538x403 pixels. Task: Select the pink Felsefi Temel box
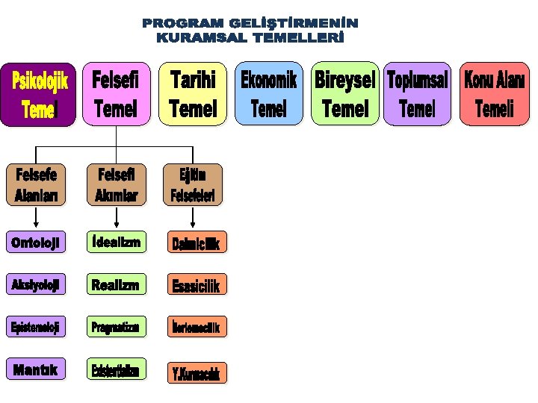[x=116, y=94]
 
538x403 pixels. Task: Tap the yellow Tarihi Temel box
[x=193, y=94]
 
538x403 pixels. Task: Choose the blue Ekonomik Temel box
[x=268, y=94]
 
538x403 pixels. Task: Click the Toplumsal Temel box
[x=418, y=94]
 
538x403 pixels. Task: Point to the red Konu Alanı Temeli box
[x=495, y=94]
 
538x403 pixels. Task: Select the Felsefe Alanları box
[x=36, y=185]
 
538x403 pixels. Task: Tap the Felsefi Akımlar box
[x=116, y=185]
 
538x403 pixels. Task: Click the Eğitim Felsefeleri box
[x=193, y=185]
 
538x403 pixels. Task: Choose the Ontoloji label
[x=35, y=242]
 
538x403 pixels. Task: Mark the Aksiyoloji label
[x=35, y=284]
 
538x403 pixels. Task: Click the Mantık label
[x=35, y=369]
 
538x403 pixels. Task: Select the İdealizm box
[x=116, y=242]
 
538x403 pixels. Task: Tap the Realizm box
[x=116, y=284]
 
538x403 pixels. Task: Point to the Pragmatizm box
[x=116, y=327]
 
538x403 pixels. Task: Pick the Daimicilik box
[x=197, y=243]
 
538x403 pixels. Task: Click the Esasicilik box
[x=197, y=286]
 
